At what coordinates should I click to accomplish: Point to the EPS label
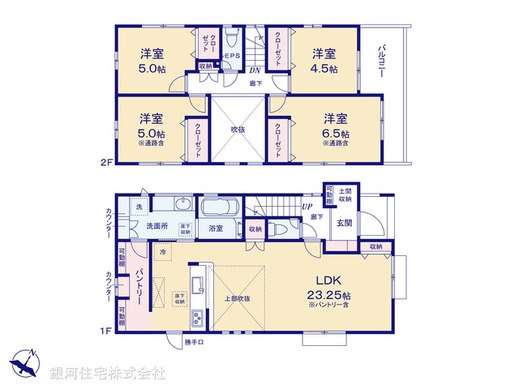233,56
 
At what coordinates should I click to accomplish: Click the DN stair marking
254,71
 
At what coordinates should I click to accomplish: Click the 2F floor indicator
105,162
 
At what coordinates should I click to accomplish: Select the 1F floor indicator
105,331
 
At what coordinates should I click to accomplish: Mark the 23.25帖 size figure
327,296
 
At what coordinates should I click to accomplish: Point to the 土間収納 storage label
345,194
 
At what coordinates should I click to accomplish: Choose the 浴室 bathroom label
216,229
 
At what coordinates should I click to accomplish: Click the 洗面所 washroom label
157,226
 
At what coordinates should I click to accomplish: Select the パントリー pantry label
139,288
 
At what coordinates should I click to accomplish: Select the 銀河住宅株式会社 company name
107,374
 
